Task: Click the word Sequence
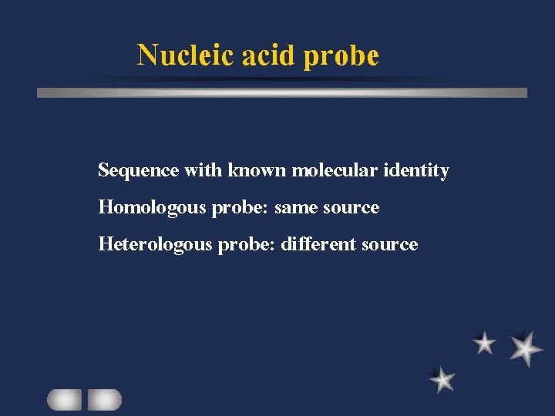pyautogui.click(x=139, y=171)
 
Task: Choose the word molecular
pyautogui.click(x=335, y=170)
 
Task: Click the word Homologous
pyautogui.click(x=152, y=208)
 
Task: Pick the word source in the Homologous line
pyautogui.click(x=351, y=208)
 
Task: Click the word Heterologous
pyautogui.click(x=156, y=245)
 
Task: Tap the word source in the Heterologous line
pyautogui.click(x=389, y=245)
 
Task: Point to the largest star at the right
pyautogui.click(x=526, y=348)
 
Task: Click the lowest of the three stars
pyautogui.click(x=442, y=379)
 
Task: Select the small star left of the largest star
pyautogui.click(x=484, y=343)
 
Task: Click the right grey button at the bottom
pyautogui.click(x=104, y=399)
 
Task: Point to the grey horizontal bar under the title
pyautogui.click(x=282, y=92)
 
